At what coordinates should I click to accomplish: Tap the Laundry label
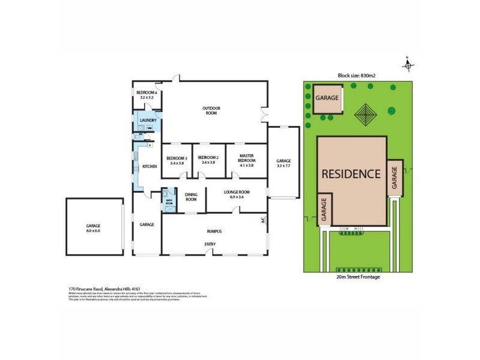point(148,121)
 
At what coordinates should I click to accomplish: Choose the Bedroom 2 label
point(207,160)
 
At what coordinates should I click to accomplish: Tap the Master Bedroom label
point(247,160)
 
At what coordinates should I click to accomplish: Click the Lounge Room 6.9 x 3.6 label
point(236,194)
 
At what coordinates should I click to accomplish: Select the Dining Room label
point(191,197)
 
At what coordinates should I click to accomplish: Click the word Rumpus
point(215,231)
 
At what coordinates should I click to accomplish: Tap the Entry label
point(210,244)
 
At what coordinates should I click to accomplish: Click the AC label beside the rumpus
point(263,220)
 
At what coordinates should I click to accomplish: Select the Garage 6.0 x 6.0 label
point(94,229)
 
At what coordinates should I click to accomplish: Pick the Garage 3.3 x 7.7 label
point(283,163)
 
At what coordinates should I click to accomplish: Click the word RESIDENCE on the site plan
point(351,174)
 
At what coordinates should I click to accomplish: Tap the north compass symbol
point(407,64)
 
